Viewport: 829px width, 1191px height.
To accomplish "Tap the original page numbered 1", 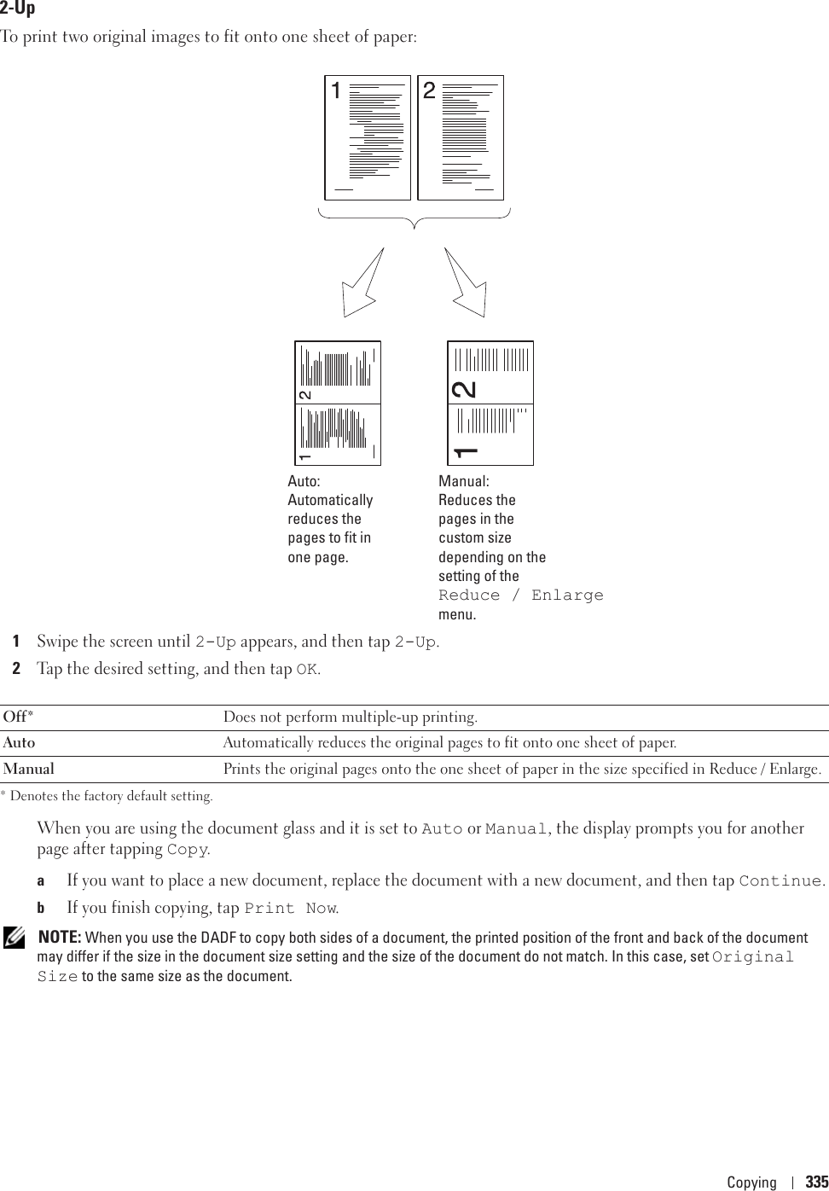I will coord(368,137).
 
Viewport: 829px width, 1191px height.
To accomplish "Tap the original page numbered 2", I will coord(461,137).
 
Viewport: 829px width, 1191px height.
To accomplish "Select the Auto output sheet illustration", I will coord(338,404).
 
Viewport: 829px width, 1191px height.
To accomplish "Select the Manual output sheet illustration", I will coord(490,404).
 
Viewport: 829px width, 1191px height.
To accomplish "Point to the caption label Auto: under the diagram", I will coord(304,481).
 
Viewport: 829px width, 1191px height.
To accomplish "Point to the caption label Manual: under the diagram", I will coord(464,481).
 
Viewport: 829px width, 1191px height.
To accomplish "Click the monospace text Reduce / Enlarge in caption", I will coord(521,595).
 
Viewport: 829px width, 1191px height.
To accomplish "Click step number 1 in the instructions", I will coord(16,642).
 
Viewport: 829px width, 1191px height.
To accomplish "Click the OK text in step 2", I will coord(307,670).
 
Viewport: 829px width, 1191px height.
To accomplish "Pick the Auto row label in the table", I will coord(20,743).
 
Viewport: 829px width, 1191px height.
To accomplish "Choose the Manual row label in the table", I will coord(29,770).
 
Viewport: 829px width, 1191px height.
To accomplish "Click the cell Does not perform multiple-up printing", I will coord(351,717).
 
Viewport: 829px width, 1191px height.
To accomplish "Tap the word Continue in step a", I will coord(780,880).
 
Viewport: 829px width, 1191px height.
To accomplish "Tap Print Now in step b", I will coord(290,909).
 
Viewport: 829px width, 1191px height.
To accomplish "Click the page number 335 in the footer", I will coord(816,1182).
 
